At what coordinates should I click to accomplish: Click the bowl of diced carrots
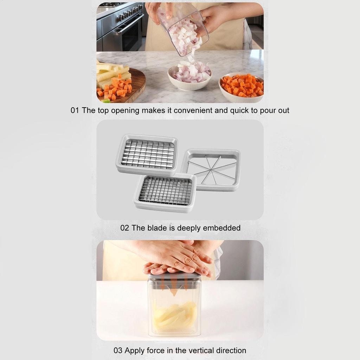(241, 88)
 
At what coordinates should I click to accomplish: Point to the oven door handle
(128, 25)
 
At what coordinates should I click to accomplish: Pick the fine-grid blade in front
(165, 192)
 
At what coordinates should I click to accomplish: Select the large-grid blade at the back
(147, 154)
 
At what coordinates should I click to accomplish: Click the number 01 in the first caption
(75, 110)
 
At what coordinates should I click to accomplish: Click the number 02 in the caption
(124, 228)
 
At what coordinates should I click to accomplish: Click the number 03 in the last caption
(118, 351)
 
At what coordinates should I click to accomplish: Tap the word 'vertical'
(189, 351)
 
